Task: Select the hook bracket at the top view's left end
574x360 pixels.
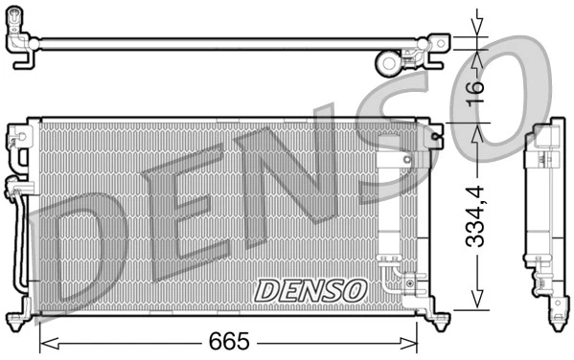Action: pos(22,45)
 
